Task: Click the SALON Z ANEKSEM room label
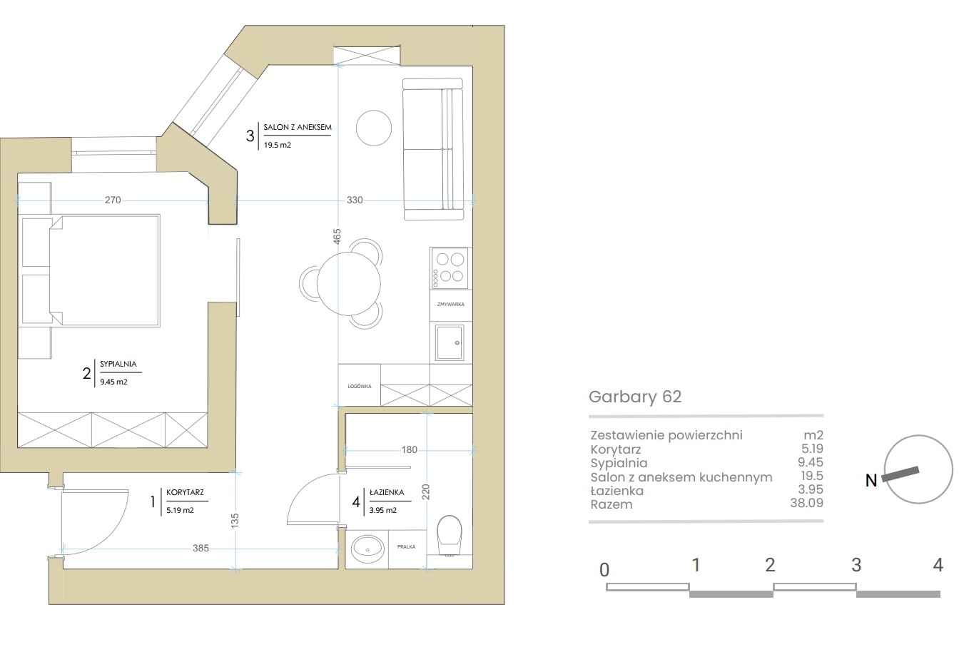tap(298, 127)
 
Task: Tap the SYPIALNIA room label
tap(118, 364)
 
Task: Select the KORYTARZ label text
tap(185, 492)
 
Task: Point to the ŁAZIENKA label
tap(387, 492)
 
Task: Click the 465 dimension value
tap(338, 237)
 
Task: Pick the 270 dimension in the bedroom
tap(113, 200)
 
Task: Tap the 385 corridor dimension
tap(201, 548)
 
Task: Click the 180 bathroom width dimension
tap(410, 449)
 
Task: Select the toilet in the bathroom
tap(449, 536)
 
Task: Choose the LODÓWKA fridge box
tap(360, 385)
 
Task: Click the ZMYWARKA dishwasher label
tap(451, 305)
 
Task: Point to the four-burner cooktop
tap(449, 268)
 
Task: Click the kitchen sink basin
tap(449, 342)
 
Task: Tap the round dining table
tap(349, 283)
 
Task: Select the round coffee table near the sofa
tap(374, 128)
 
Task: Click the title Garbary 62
tap(635, 397)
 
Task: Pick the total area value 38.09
tap(806, 503)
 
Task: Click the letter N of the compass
tap(871, 480)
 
